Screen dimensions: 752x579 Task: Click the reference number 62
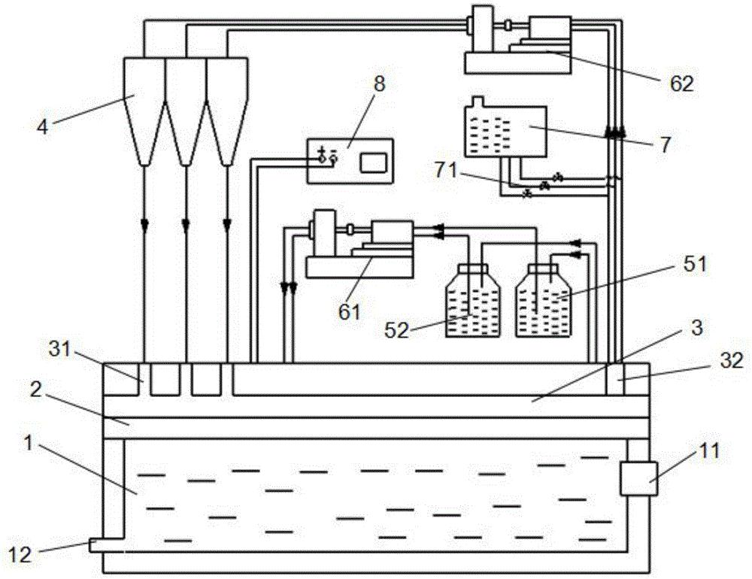pos(681,84)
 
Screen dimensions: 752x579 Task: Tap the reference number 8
pos(379,84)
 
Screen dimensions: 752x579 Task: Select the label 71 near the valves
pos(447,171)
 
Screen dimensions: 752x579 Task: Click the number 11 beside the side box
pos(710,451)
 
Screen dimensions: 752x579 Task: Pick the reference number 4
pos(43,126)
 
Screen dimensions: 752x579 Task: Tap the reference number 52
pos(397,331)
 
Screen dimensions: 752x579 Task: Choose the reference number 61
pos(349,312)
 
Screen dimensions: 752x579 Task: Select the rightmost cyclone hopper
pos(227,111)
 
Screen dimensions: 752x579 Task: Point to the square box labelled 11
pos(638,478)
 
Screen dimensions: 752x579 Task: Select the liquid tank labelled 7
pos(505,131)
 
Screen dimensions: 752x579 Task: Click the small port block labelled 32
pos(615,379)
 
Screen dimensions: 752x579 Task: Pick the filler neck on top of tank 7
pos(478,102)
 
